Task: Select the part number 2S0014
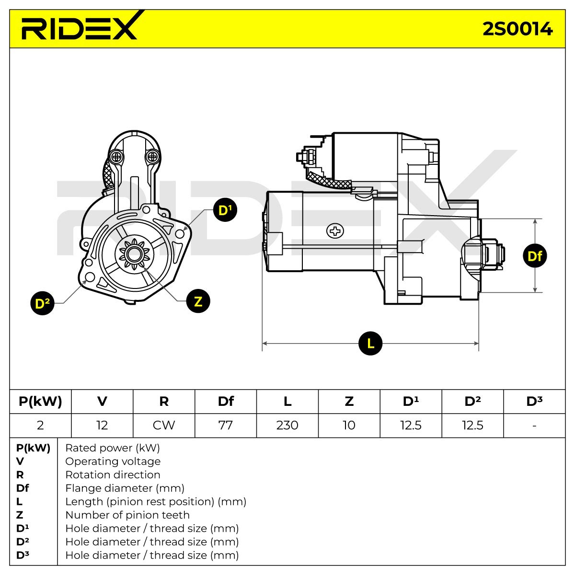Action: pyautogui.click(x=517, y=29)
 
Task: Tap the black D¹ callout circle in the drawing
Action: pyautogui.click(x=225, y=210)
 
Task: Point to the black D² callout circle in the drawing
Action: pyautogui.click(x=42, y=303)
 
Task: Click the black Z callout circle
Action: pyautogui.click(x=198, y=301)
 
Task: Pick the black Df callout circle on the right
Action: pyautogui.click(x=535, y=256)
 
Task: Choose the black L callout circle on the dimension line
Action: pyautogui.click(x=370, y=343)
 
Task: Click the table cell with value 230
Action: pyautogui.click(x=287, y=425)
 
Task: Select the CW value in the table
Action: pyautogui.click(x=164, y=425)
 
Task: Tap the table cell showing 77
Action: pyautogui.click(x=226, y=425)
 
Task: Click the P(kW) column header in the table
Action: pyautogui.click(x=40, y=402)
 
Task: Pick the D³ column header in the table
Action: pyautogui.click(x=534, y=402)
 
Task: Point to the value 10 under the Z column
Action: pyautogui.click(x=349, y=425)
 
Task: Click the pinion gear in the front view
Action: pyautogui.click(x=134, y=254)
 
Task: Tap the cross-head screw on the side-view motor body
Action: pyautogui.click(x=335, y=231)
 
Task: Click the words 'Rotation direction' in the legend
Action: pyautogui.click(x=113, y=475)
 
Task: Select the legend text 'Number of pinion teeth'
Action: pyautogui.click(x=127, y=515)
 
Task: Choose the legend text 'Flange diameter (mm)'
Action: pyautogui.click(x=125, y=488)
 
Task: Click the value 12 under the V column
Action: pyautogui.click(x=102, y=425)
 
